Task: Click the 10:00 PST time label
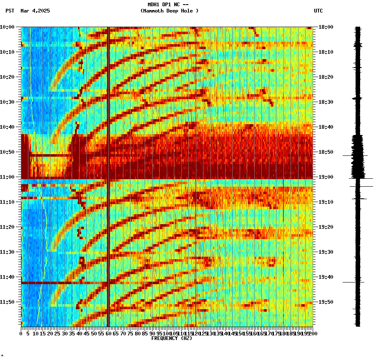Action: click(8, 27)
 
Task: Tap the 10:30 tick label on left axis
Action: click(8, 102)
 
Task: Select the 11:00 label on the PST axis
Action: click(8, 177)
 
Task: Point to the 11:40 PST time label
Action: click(8, 277)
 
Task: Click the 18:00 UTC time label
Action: click(326, 27)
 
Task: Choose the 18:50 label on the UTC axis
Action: click(326, 152)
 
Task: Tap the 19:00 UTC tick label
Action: click(326, 177)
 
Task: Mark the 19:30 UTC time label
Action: click(326, 252)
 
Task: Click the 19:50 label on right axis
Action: click(326, 302)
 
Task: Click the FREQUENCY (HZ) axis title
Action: click(172, 338)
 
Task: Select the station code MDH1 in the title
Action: click(154, 5)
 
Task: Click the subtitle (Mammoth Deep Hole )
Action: click(169, 11)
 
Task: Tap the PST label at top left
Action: click(10, 11)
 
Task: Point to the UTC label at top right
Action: click(318, 11)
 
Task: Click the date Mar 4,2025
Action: click(35, 11)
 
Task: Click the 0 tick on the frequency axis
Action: click(21, 334)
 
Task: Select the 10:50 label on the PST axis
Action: click(8, 152)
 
